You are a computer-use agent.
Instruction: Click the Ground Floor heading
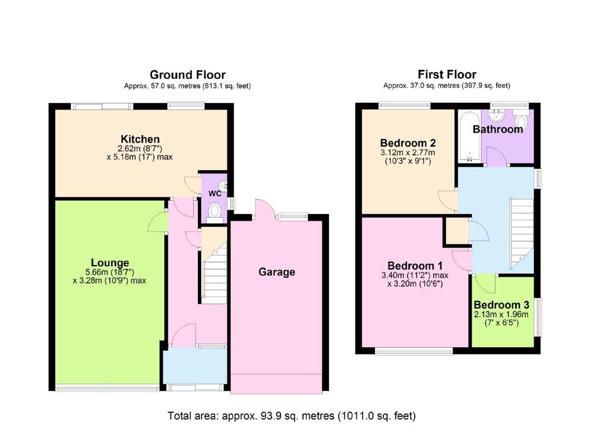click(x=187, y=74)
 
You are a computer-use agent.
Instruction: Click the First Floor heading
click(x=446, y=74)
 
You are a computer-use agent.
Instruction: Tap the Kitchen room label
click(x=140, y=139)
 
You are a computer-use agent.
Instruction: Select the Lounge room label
click(x=110, y=263)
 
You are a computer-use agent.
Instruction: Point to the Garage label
click(x=276, y=272)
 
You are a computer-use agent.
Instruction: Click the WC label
click(x=215, y=194)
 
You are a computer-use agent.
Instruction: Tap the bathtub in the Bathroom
click(x=467, y=136)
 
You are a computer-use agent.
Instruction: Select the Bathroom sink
click(x=495, y=116)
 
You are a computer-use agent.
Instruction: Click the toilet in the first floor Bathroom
click(x=521, y=122)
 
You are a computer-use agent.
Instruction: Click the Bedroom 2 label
click(x=407, y=142)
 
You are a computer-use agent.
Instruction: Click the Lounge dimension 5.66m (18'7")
click(x=110, y=272)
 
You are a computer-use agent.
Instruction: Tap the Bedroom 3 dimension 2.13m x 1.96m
click(x=501, y=315)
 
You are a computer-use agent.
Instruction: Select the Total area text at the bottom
click(x=291, y=416)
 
